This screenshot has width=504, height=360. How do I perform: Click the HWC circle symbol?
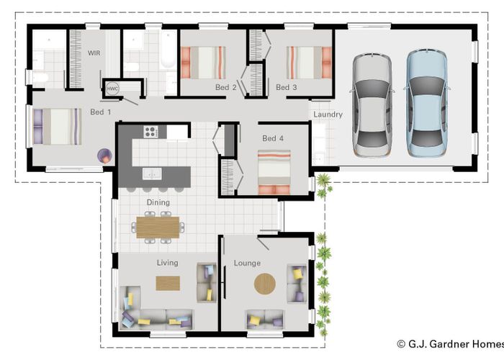click(112, 89)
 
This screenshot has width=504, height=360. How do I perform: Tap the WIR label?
click(94, 53)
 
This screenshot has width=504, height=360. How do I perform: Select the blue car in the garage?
click(426, 104)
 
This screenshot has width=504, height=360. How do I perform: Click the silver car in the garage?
click(372, 105)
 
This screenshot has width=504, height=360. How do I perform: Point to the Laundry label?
click(328, 114)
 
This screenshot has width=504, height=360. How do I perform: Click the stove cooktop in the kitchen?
click(150, 132)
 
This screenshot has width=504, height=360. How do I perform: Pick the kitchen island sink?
click(152, 174)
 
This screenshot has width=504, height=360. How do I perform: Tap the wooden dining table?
click(158, 228)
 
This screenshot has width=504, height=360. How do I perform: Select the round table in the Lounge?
click(265, 284)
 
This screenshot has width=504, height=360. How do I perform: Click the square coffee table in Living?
click(168, 284)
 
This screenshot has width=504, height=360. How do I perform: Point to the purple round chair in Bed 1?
click(105, 156)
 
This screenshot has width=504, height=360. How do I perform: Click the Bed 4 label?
click(273, 138)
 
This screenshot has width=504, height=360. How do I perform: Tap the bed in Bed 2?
click(203, 63)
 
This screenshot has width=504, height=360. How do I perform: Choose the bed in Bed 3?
click(309, 63)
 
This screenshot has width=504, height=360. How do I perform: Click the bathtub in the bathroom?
click(168, 49)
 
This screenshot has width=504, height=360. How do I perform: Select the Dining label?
click(158, 202)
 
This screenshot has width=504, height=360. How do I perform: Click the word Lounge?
click(247, 263)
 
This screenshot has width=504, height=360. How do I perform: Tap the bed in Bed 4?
click(274, 172)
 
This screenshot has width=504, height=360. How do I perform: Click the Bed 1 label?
click(100, 112)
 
